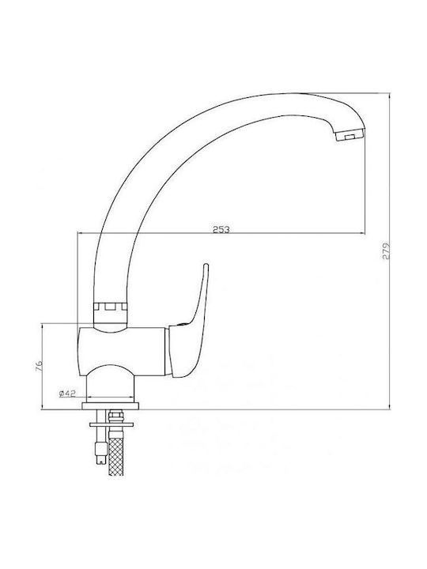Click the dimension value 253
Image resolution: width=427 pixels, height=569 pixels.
click(221, 229)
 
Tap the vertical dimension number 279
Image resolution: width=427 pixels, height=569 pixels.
click(386, 251)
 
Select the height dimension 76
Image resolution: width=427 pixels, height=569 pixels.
click(40, 366)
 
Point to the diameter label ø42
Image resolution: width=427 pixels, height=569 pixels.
click(66, 394)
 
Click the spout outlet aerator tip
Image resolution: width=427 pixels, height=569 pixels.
click(350, 137)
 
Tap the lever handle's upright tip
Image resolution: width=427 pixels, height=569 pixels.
click(206, 266)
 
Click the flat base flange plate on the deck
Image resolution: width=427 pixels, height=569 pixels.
click(111, 405)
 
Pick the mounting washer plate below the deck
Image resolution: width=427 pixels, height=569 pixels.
click(111, 424)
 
